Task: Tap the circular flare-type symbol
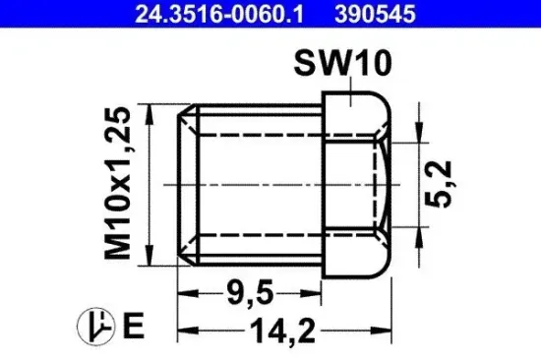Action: coord(95,324)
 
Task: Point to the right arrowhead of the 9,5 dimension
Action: coord(317,291)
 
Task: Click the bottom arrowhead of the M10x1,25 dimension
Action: coord(149,253)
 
